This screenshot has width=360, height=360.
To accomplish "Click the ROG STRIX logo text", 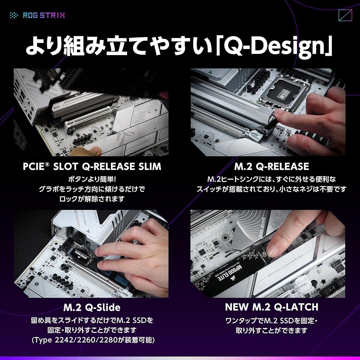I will pos(44,15).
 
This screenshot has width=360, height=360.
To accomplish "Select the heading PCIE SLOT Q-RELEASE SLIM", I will pos(92,167).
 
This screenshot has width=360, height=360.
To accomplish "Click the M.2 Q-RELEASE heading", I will pos(271,167).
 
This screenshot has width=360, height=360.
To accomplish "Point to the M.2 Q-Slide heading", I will pos(92,307).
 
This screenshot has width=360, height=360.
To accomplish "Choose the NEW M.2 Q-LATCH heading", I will pos(271,307).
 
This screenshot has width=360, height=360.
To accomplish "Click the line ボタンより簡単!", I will pos(92,179).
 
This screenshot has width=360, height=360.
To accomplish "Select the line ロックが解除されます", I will pos(92,199).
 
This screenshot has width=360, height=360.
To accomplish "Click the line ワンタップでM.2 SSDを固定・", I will pos(271,320).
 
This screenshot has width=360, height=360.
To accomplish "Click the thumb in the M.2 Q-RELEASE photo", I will pos(288,115).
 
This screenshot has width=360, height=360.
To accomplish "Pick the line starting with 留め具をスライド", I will pos(92,320).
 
